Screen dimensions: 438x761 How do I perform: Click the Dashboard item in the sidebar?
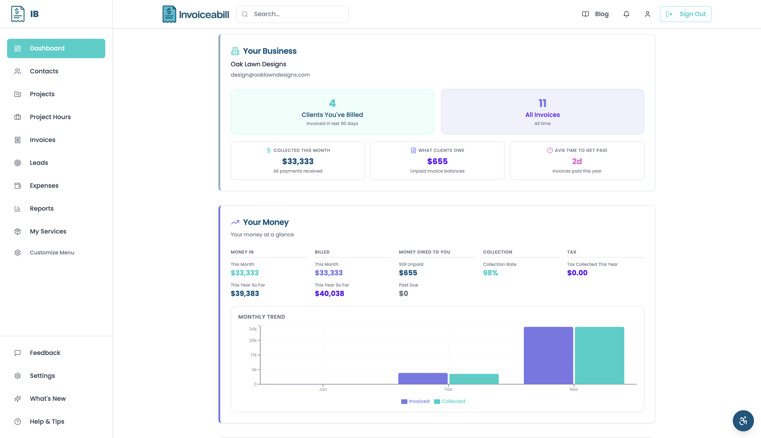coord(56,48)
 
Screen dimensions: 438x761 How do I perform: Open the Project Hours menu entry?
coord(50,117)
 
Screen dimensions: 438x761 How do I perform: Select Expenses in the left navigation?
coord(44,186)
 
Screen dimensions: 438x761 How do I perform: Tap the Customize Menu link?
coord(52,252)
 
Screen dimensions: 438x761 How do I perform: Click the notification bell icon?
coord(626,14)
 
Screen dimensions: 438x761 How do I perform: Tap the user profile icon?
coord(647,14)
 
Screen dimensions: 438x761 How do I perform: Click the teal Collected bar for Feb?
coord(474,379)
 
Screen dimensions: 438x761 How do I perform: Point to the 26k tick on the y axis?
coord(253,340)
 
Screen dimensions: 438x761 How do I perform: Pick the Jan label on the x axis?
coord(323,389)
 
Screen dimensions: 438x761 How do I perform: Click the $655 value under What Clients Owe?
coord(437,161)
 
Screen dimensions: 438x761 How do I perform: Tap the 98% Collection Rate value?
coord(490,273)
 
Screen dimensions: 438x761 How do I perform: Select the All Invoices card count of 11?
coord(542,103)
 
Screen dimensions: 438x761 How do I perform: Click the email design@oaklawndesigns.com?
coord(270,75)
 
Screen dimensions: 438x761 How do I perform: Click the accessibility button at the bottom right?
coord(743,421)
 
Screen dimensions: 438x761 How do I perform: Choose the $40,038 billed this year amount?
coord(329,294)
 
